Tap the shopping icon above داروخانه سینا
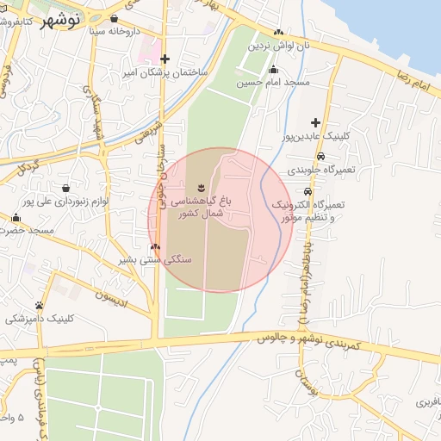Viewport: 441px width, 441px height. click(114, 17)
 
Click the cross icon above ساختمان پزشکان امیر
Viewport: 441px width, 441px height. click(165, 59)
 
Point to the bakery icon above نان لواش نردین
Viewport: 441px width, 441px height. click(277, 32)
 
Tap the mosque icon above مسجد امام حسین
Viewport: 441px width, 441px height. click(273, 70)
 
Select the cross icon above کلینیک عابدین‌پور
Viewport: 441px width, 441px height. click(316, 122)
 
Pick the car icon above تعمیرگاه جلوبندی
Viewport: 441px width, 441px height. click(320, 156)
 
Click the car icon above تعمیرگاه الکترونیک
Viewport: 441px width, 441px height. click(307, 190)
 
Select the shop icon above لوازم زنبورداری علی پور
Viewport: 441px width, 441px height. click(66, 187)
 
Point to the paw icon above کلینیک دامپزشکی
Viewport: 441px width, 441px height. click(40, 305)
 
